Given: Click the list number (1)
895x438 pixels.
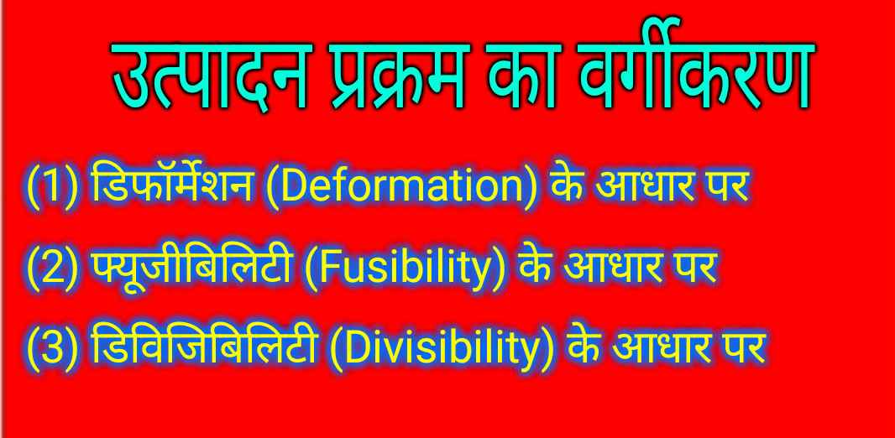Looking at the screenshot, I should click(x=52, y=186).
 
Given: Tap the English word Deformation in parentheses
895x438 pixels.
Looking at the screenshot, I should click(x=398, y=186).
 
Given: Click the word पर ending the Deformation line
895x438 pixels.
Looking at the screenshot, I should click(x=722, y=186).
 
